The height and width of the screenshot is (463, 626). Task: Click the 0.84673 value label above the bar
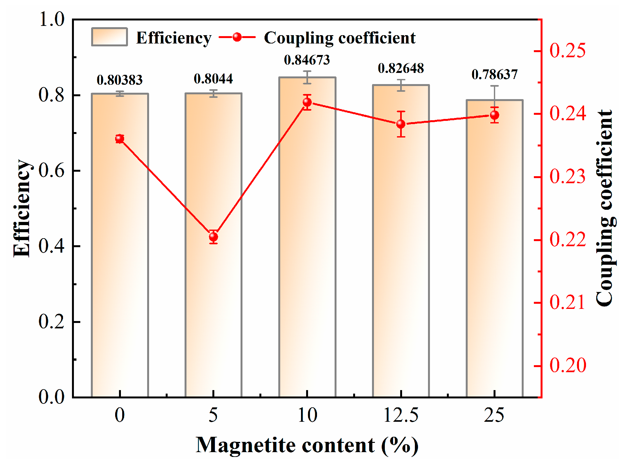coord(307,60)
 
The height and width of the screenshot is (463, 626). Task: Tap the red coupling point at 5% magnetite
coord(213,237)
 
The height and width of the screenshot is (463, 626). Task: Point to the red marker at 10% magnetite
coord(307,102)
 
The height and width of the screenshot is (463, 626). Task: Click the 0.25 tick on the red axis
coord(567,51)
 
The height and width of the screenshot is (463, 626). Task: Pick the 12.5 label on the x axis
coord(400,415)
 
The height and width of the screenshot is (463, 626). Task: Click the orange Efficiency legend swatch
coord(109,37)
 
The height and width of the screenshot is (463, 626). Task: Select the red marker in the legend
coord(237,37)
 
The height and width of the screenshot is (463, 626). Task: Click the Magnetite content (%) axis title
coord(307,445)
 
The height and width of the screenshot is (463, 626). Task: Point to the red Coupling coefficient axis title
coord(605,208)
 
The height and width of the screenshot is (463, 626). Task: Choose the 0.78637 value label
coord(495,75)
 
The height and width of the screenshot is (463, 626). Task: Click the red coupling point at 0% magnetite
coord(120,138)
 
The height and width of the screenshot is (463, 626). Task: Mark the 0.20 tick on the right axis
coord(567,365)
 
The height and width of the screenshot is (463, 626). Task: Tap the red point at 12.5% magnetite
coord(401,124)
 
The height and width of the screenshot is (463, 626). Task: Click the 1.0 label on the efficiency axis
coord(51,19)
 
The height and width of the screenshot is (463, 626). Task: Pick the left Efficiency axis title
coord(22,208)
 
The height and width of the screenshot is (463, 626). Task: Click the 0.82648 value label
coord(401,68)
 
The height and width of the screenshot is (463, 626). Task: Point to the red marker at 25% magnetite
coord(495,115)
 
